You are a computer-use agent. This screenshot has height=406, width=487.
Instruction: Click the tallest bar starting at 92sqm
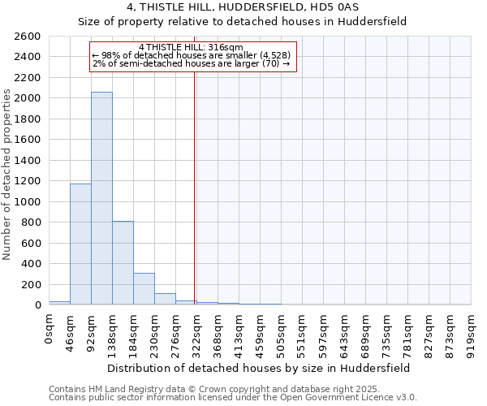101,198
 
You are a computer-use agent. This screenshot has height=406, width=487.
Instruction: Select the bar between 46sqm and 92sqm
80,244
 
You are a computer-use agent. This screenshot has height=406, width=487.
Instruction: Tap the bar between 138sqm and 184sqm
123,262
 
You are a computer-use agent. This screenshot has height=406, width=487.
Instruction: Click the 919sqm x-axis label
471,333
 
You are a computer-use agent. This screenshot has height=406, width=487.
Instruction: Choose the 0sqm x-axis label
50,330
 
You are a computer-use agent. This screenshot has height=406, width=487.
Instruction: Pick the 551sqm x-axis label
302,333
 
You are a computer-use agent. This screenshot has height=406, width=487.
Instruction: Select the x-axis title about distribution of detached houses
260,367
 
